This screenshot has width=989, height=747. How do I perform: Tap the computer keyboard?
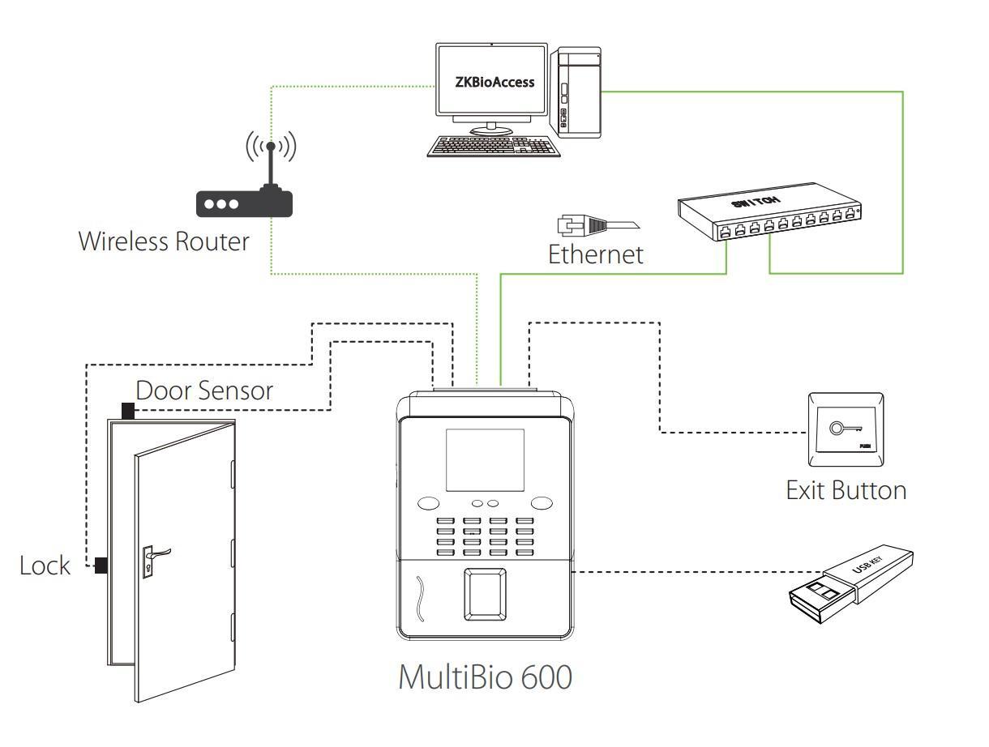point(492,146)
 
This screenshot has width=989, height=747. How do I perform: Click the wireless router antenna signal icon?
point(271,146)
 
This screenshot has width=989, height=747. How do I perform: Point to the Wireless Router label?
point(164,241)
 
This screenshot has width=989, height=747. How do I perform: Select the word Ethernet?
point(596,254)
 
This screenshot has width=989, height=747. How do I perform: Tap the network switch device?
point(768,209)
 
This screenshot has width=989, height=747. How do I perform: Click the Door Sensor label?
point(204,391)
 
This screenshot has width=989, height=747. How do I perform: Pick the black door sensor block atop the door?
point(127,411)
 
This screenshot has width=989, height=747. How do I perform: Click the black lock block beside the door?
point(102,565)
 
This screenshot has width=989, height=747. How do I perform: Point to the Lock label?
point(45,566)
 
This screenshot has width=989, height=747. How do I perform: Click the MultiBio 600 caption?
point(485,677)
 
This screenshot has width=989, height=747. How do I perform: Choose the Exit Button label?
point(846,490)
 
